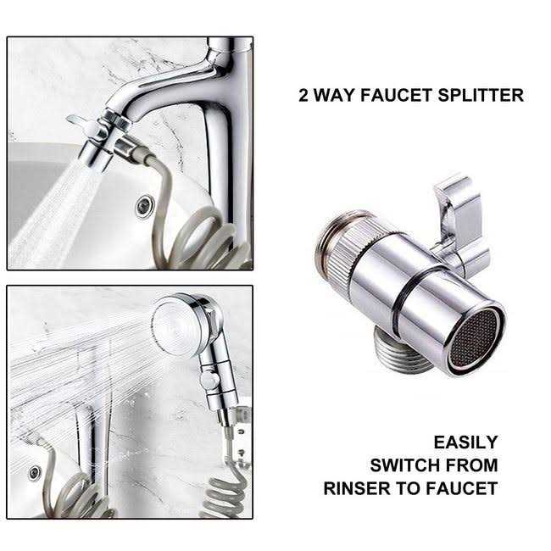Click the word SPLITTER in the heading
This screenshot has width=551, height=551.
(x=481, y=95)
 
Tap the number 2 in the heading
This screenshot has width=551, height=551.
(x=303, y=95)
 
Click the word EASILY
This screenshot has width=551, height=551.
(x=465, y=442)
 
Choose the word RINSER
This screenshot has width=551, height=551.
(x=356, y=488)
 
